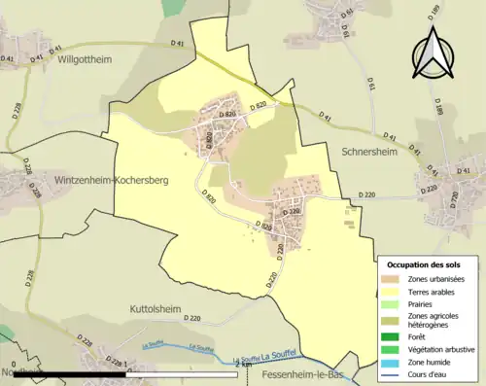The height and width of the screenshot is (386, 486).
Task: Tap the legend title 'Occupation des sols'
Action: (x=426, y=264)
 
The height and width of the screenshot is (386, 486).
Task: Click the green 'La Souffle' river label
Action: (x=156, y=343)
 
